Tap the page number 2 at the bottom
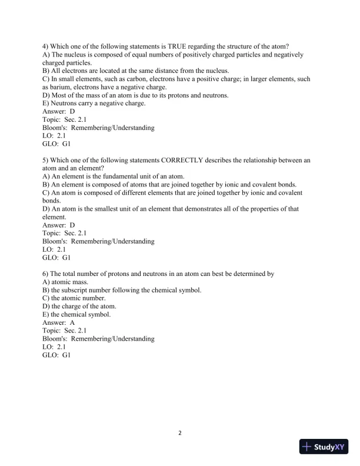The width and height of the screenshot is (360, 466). (180, 434)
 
